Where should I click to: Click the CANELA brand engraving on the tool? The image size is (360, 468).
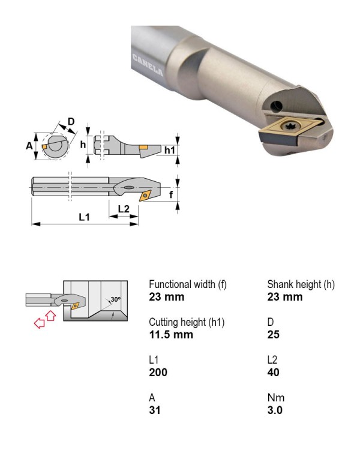tap(148, 65)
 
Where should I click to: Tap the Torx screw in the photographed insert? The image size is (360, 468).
tap(289, 126)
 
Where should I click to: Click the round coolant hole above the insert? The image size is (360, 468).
tap(277, 106)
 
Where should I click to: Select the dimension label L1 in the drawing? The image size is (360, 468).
tap(84, 217)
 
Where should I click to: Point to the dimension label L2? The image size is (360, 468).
tap(124, 209)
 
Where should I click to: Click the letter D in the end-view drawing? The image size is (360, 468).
tap(71, 121)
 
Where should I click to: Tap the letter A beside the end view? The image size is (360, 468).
tap(29, 146)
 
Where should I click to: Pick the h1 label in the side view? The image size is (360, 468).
tap(170, 150)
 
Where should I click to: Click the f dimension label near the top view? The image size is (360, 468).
tap(171, 194)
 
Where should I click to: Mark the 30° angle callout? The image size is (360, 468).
tap(116, 299)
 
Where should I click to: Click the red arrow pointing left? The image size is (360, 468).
tap(40, 323)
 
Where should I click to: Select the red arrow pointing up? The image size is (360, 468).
tap(51, 316)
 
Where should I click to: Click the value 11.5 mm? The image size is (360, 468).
tap(171, 335)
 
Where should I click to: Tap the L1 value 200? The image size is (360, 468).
tap(158, 372)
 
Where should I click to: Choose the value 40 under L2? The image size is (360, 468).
tap(274, 372)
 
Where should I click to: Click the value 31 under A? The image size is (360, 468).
tap(155, 410)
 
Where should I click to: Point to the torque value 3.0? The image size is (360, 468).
tap(275, 410)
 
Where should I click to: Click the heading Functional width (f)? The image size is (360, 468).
tap(188, 284)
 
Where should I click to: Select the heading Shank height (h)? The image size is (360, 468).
tap(301, 284)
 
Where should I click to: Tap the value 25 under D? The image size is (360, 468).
tap(274, 335)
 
